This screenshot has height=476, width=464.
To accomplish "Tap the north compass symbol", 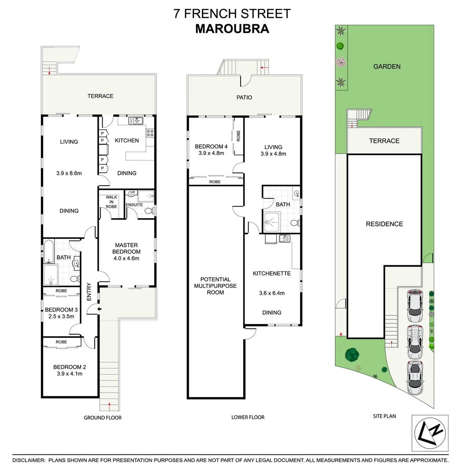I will click(430, 432).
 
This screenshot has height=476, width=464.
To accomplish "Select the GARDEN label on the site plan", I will click(386, 67).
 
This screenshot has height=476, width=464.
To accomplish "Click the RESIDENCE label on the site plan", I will click(384, 224).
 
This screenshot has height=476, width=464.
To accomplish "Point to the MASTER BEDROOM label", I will click(126, 248).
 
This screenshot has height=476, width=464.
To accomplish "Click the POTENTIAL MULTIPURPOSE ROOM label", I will click(215, 286).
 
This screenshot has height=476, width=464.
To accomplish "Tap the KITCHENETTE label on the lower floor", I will click(271, 273).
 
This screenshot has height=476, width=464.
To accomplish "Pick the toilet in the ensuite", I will click(148, 211).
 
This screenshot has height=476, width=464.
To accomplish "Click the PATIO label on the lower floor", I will click(244, 97).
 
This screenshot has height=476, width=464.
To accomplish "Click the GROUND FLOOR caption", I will click(103, 417).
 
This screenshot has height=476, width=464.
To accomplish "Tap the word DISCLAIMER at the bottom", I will click(29, 461).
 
